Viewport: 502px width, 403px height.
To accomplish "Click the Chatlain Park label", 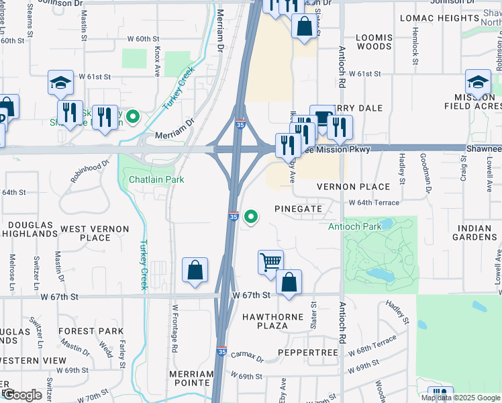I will [x=156, y=180].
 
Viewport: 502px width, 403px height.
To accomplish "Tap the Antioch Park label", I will [x=354, y=226].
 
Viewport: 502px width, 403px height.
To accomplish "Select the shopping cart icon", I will [x=270, y=261].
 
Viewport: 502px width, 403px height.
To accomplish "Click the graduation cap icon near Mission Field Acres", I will [x=478, y=82].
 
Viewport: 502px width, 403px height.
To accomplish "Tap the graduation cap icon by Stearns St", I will [x=61, y=83].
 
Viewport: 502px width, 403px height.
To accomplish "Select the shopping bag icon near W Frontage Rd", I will [x=195, y=270].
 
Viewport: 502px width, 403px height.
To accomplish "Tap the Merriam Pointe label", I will [x=191, y=378].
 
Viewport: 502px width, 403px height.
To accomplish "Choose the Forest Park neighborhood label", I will [x=91, y=331].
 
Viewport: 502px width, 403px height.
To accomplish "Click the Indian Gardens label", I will [x=476, y=232].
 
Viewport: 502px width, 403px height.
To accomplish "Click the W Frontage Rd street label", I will [x=174, y=329].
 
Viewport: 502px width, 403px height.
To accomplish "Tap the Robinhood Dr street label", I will [x=89, y=173].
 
